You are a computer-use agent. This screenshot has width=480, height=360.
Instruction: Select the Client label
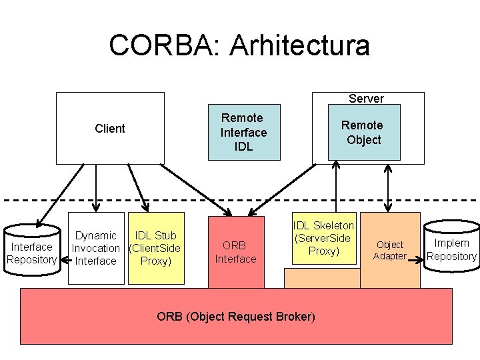click(x=110, y=129)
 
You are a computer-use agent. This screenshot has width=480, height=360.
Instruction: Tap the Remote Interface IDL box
click(x=243, y=132)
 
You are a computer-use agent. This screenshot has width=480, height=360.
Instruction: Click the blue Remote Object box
click(x=364, y=132)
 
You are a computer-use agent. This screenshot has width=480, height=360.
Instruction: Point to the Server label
click(x=366, y=99)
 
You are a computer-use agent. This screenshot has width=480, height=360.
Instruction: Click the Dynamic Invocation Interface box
click(x=96, y=248)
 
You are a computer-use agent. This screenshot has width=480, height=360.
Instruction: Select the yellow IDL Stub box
click(x=156, y=248)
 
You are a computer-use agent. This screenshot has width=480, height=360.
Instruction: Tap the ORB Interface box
click(x=235, y=252)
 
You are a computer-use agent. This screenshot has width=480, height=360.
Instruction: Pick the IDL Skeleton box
click(x=324, y=239)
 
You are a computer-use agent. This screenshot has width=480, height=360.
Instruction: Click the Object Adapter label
click(x=390, y=250)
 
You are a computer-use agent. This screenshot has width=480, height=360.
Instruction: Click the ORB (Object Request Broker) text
click(x=235, y=316)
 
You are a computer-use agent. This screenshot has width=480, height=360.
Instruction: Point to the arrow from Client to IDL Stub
click(x=137, y=187)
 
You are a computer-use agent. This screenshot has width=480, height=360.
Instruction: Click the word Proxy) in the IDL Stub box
click(x=156, y=261)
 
